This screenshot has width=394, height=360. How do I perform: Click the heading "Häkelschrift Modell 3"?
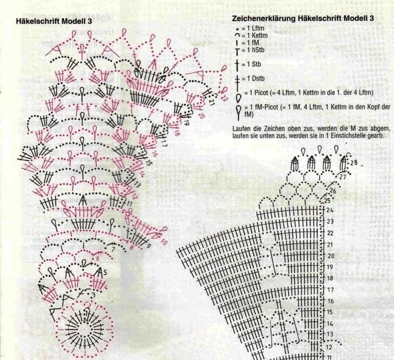54,21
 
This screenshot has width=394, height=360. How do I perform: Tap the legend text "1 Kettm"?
257,35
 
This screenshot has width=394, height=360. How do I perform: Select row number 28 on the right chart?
354,163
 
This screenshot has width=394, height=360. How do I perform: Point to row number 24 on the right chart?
329,210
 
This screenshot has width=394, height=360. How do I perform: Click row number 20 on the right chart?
331,256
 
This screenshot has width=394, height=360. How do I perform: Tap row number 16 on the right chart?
330,301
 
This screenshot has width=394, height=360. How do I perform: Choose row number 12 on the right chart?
329,348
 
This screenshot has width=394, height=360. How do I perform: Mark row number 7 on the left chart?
112,250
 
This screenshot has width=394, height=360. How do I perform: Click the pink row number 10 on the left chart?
164,242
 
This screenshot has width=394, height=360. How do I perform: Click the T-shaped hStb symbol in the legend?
237,51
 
